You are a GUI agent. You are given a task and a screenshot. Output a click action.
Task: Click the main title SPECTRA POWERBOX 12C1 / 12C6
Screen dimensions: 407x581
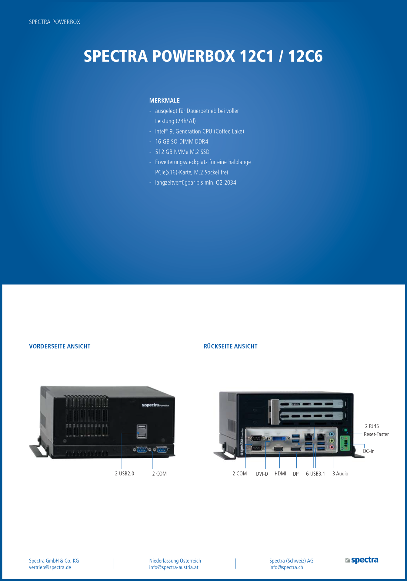[203, 56]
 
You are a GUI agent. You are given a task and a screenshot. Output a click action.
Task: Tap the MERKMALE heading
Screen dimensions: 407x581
[165, 100]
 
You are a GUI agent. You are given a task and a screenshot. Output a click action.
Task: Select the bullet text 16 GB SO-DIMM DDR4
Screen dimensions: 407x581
[182, 142]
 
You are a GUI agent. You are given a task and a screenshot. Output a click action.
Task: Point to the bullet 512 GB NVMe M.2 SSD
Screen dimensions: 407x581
[182, 152]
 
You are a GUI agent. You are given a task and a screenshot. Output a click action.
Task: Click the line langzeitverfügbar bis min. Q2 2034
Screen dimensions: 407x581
[195, 182]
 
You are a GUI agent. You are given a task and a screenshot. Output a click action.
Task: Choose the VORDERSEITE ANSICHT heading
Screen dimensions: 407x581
[60, 346]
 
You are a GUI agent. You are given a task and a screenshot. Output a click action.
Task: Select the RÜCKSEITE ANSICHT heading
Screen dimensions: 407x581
[230, 346]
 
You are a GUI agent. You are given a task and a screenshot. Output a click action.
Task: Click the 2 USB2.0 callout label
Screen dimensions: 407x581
[124, 474]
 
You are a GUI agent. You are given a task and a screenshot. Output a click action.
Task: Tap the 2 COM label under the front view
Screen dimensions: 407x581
[159, 474]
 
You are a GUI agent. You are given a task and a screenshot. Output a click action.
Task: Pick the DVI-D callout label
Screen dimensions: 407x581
[262, 474]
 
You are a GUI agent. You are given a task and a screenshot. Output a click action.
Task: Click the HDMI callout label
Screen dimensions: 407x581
[280, 474]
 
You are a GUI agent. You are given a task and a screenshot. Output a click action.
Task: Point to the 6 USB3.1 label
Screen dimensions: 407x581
[315, 474]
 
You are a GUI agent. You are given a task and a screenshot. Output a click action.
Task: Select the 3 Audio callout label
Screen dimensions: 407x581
[340, 474]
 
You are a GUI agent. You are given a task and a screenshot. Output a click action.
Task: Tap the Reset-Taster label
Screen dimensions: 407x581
[376, 434]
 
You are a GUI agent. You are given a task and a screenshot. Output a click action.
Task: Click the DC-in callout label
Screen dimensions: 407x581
[369, 451]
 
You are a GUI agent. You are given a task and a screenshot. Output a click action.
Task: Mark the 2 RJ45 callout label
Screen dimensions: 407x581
[372, 426]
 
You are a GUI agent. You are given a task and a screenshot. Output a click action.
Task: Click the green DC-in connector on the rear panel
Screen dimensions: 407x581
[345, 443]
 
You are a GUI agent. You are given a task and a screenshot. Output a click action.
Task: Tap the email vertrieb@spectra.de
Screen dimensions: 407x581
[50, 567]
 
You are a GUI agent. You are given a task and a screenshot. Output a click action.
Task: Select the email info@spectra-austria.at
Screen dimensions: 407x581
[174, 567]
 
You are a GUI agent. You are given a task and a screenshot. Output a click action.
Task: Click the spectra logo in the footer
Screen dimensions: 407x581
[362, 560]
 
